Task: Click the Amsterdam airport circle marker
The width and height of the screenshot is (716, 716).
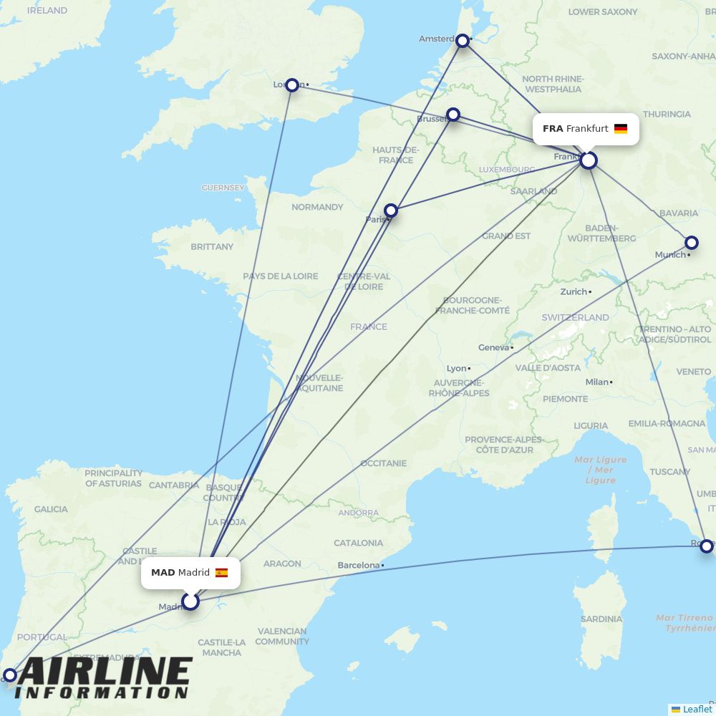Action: click(463, 41)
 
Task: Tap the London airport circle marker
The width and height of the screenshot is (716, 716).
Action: click(292, 85)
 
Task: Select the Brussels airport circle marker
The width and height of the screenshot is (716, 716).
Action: click(453, 115)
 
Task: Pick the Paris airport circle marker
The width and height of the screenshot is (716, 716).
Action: click(391, 211)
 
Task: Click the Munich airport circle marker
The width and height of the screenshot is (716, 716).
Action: click(691, 243)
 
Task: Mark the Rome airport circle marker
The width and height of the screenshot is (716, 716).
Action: click(707, 546)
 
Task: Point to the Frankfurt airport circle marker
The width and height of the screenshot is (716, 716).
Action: click(589, 160)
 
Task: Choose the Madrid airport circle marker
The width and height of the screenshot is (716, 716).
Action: click(190, 601)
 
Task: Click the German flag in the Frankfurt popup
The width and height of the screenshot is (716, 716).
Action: click(621, 129)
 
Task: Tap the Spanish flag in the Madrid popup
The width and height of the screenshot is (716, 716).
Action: click(221, 573)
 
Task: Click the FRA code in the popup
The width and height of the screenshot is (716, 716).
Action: click(553, 129)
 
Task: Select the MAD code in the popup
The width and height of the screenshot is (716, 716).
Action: click(163, 573)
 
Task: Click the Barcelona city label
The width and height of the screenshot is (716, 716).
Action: click(359, 565)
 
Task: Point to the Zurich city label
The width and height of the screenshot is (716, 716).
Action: click(574, 291)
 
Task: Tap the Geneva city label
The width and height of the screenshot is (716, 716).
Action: click(493, 347)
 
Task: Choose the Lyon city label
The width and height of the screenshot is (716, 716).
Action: click(456, 368)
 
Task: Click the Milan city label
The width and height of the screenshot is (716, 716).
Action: click(596, 382)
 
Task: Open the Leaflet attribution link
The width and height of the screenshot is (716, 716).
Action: click(697, 709)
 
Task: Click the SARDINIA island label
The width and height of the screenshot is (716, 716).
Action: click(601, 619)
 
